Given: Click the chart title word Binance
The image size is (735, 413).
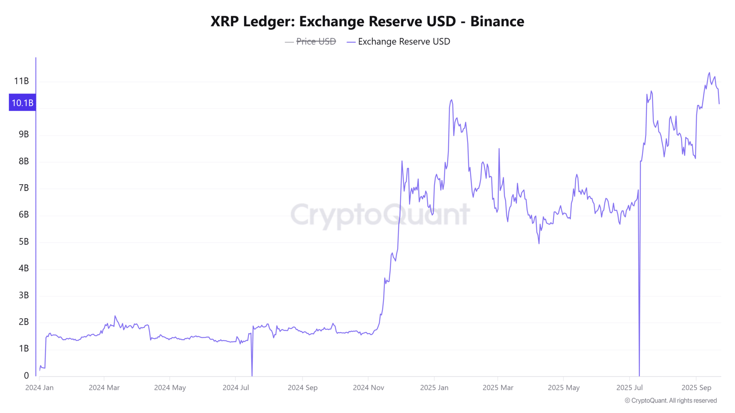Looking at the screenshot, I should tap(497, 22).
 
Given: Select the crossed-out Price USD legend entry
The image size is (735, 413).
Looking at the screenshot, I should tap(316, 42).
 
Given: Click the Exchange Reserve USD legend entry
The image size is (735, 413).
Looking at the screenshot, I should tap(404, 42).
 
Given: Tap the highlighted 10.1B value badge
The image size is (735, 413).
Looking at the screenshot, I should tap(22, 103).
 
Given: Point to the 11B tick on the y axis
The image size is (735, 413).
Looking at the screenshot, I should tap(22, 81).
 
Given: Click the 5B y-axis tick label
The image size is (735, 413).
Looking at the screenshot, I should tap(24, 242).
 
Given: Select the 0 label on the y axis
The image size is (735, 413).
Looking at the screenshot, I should tap(26, 376).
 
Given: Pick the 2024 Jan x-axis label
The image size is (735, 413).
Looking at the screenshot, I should tap(39, 388).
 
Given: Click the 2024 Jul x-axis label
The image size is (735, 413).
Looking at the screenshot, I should tap(236, 388).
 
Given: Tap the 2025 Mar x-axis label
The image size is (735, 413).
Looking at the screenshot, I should tap(498, 388).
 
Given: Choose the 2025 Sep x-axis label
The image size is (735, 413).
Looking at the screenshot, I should tap(696, 388).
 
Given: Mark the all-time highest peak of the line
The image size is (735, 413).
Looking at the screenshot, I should tap(709, 73).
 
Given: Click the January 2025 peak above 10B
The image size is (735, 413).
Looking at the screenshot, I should tap(451, 100).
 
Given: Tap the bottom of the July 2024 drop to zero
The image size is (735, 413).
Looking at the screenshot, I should tap(252, 375).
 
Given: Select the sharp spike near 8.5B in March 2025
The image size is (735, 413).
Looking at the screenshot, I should tap(499, 149).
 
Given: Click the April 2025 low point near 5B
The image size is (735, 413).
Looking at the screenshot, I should tap(539, 243).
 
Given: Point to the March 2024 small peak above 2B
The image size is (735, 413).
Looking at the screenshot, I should tap(115, 316).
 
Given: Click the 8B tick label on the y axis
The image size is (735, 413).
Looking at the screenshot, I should tap(24, 161).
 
